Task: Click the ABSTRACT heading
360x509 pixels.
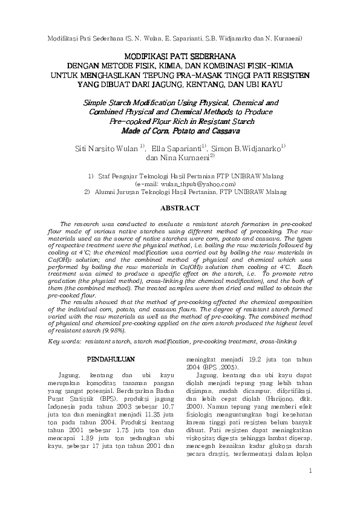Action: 179,208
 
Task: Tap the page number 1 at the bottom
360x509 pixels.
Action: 310,488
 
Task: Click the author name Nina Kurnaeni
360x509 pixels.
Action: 185,158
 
